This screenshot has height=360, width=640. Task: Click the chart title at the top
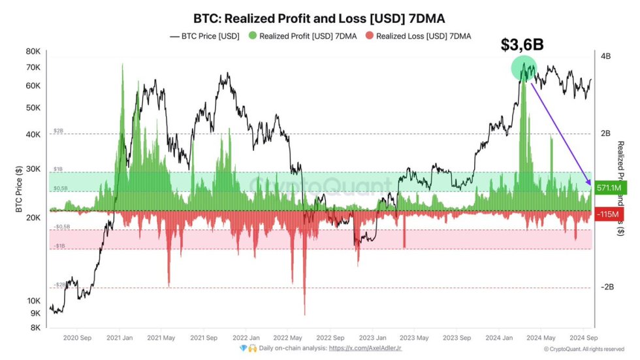pos(320,18)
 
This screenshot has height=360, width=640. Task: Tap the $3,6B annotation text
pos(522,44)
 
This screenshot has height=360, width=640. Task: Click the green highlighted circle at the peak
pos(523,68)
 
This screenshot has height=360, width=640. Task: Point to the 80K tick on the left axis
pos(32,52)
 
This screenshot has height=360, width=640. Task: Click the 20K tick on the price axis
pos(32,218)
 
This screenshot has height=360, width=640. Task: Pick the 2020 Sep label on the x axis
pos(77,338)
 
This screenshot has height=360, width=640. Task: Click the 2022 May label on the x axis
pos(287,338)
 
